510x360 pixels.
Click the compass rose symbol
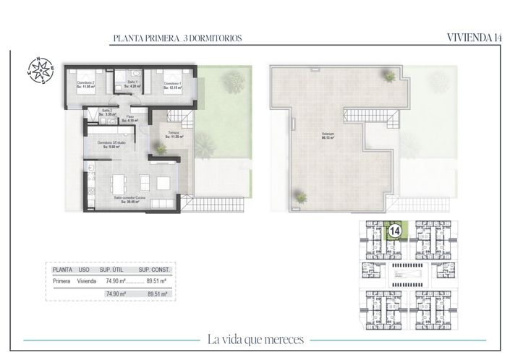(x=41, y=69)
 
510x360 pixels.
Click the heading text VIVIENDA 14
(x=474, y=38)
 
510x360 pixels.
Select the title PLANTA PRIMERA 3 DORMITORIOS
(x=177, y=38)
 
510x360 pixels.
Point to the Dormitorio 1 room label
(x=172, y=85)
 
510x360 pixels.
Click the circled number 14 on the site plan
(x=395, y=231)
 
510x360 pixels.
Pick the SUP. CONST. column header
(x=153, y=269)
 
